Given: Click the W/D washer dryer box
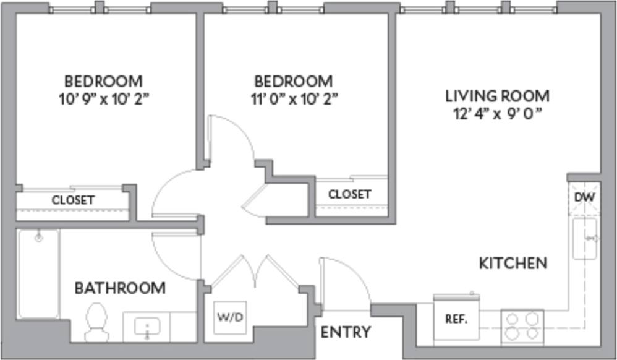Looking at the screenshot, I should [230, 317].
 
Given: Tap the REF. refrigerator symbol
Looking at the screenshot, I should [456, 320].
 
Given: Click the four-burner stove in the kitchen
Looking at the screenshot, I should [522, 325].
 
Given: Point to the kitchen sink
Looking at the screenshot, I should [584, 238].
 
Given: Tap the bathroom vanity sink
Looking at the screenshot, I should [147, 326].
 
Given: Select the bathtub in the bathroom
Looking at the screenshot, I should [38, 272].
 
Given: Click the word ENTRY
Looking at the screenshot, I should [346, 332].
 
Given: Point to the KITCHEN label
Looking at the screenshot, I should [513, 263].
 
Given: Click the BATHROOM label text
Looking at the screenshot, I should [120, 288].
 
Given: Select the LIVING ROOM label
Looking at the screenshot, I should [497, 96].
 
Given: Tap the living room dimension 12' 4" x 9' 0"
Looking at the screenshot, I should [497, 114].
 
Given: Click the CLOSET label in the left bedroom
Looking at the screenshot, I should [73, 200].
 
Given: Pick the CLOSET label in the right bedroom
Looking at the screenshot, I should [349, 194].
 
